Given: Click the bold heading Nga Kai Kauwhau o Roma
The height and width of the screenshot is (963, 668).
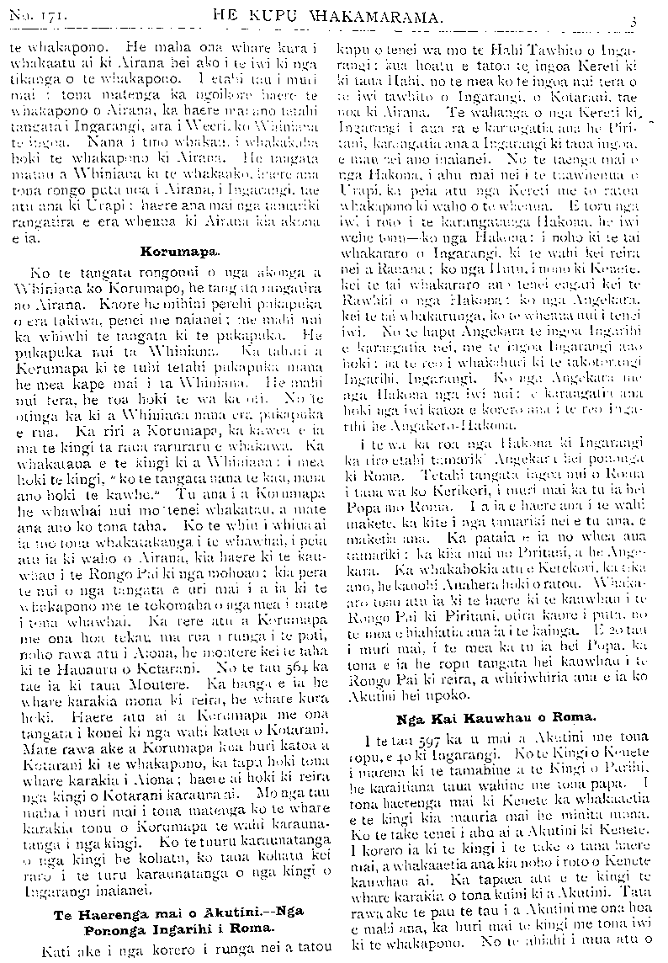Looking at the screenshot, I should [x=496, y=717].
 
